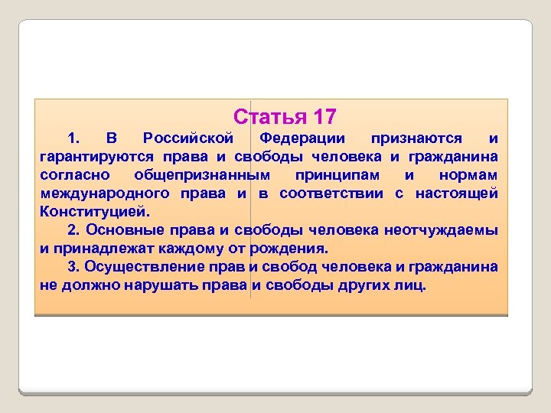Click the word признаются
click(x=416, y=138)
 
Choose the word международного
click(x=103, y=193)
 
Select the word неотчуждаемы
click(x=441, y=230)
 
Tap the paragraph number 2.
click(x=73, y=230)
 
